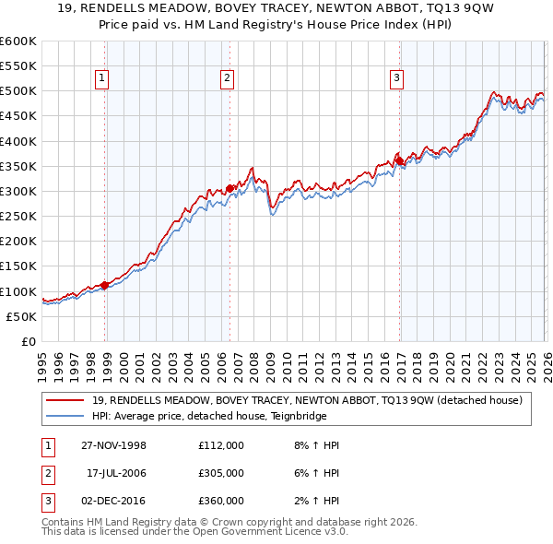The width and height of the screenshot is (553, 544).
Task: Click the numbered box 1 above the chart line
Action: click(x=100, y=78)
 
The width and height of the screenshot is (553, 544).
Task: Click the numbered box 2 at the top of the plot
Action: click(x=226, y=78)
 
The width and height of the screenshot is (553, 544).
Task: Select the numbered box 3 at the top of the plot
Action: click(x=396, y=78)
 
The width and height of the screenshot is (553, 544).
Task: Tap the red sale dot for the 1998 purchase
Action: click(x=105, y=285)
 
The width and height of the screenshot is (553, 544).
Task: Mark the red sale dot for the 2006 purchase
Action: click(x=229, y=189)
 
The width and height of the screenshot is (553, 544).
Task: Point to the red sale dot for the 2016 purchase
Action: click(x=399, y=161)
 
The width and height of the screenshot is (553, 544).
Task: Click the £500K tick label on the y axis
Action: click(x=18, y=91)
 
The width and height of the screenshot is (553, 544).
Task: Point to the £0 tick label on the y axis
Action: click(x=29, y=341)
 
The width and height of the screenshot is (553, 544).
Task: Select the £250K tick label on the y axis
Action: click(x=18, y=217)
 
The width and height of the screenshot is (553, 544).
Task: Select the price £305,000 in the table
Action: click(x=221, y=473)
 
